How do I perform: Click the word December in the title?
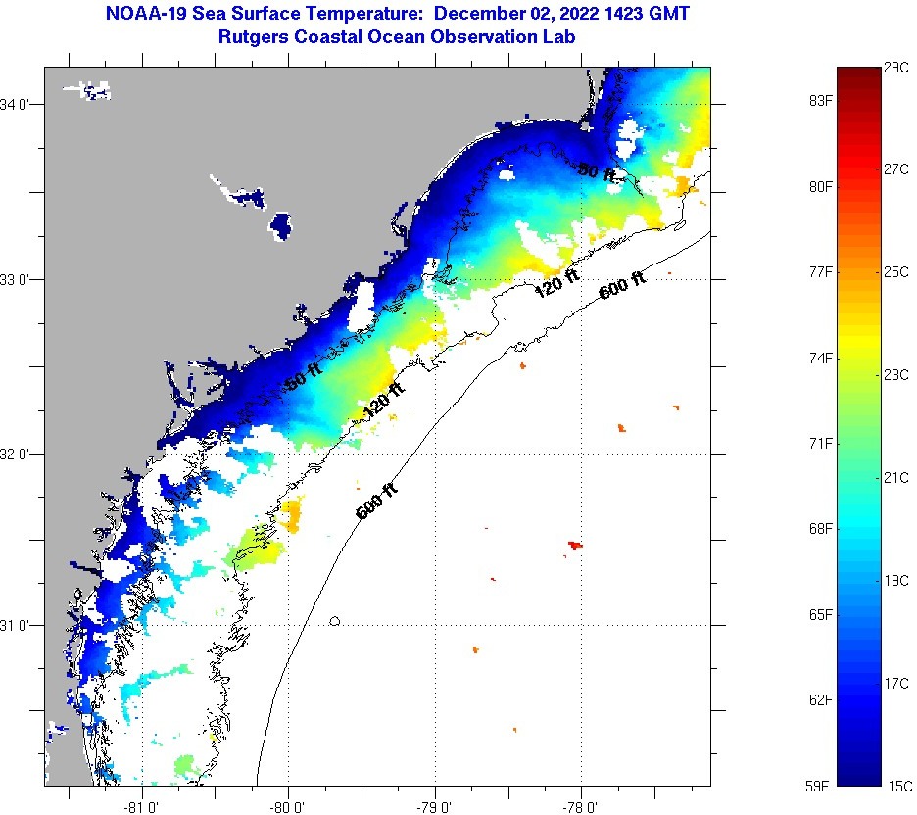[x=481, y=14]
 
